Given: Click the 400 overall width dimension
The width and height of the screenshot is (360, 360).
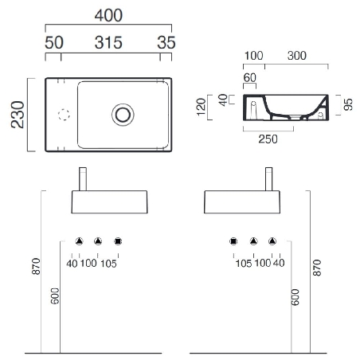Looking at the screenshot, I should (x=109, y=15).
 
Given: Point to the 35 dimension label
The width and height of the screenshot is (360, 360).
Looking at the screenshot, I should (x=165, y=43).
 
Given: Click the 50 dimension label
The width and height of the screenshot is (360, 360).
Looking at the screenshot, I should (x=53, y=43).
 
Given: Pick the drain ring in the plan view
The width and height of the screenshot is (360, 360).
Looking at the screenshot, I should (x=123, y=114).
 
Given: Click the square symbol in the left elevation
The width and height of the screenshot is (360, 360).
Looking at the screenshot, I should (x=118, y=241).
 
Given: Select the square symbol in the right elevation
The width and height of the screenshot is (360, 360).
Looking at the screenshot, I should (x=234, y=241).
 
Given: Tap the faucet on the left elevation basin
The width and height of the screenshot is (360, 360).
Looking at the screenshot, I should (x=82, y=178).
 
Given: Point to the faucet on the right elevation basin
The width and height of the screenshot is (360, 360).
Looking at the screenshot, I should (x=270, y=178).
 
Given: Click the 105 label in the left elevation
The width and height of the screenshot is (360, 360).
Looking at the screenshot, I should (x=109, y=264).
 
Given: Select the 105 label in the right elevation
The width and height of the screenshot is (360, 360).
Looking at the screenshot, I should (x=243, y=264).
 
